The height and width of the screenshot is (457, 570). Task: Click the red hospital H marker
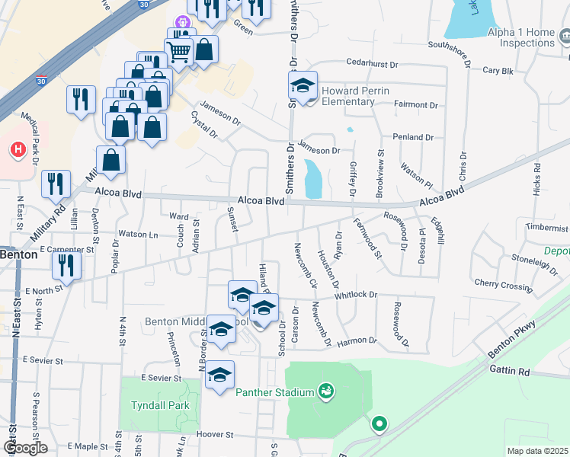click(x=17, y=148)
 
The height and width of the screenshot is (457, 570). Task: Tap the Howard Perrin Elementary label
click(x=355, y=96)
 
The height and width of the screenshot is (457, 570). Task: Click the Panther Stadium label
click(x=274, y=392)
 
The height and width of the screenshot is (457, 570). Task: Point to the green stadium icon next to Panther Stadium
click(x=326, y=391)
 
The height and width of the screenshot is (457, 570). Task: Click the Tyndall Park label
click(x=160, y=405)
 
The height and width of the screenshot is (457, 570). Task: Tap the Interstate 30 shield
click(x=144, y=5)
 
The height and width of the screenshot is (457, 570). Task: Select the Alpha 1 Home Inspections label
click(x=521, y=38)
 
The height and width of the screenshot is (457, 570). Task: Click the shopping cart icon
click(x=179, y=53)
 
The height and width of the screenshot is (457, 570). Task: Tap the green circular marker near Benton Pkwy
click(x=379, y=424)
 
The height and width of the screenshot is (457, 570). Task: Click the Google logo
click(x=24, y=448)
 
